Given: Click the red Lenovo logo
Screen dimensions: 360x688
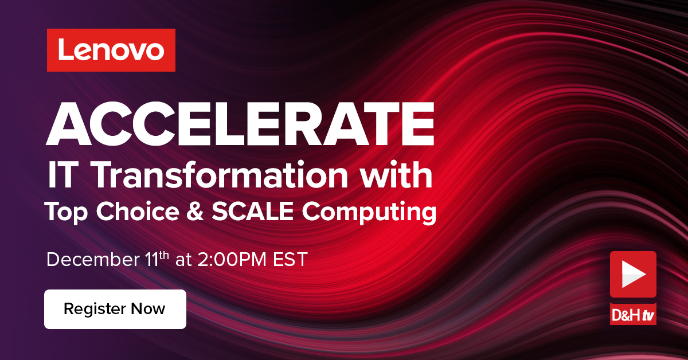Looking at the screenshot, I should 111,50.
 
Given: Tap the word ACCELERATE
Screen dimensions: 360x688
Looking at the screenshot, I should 241,125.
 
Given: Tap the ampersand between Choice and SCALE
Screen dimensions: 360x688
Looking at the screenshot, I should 200,212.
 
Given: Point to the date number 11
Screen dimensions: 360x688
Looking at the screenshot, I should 149,259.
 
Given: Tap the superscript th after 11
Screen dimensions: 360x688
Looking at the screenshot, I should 165,255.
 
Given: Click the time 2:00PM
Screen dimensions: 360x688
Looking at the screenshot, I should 227,259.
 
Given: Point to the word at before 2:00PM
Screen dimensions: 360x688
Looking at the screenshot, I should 183,260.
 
